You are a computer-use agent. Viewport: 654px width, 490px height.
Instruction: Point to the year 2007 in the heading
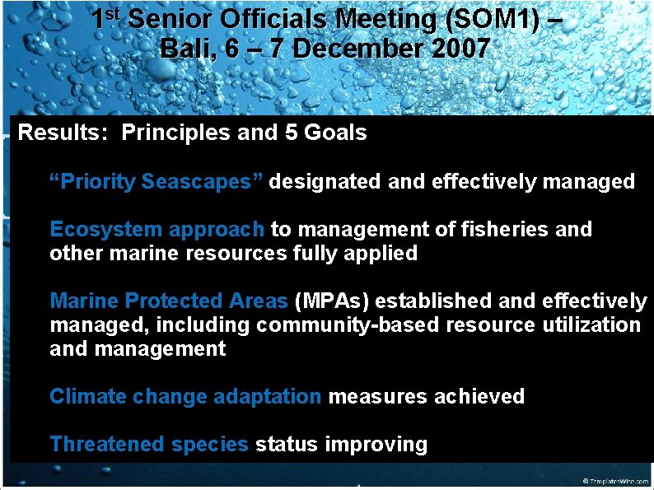coord(460,49)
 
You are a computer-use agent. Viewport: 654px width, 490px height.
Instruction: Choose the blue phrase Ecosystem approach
coord(156,229)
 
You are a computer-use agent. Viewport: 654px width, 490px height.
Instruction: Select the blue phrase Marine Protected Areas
coord(169,301)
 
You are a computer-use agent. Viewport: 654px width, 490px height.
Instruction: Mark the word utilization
coord(591,325)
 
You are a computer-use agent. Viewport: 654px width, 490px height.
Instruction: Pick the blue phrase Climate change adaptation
coord(185,396)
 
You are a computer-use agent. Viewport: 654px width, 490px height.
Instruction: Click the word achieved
coord(479,396)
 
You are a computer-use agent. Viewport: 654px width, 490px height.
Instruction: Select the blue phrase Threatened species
coord(148,445)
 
